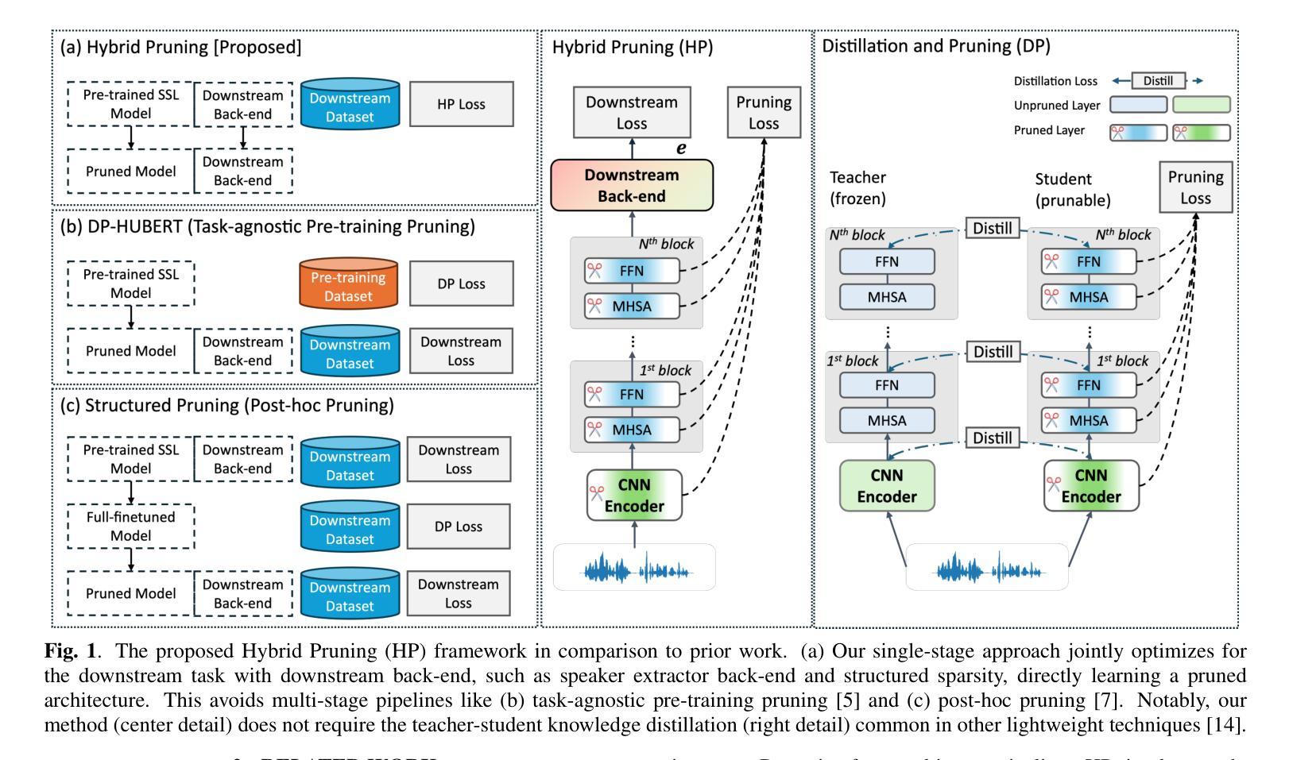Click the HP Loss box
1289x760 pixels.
(x=461, y=104)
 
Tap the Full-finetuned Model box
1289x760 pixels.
(x=131, y=527)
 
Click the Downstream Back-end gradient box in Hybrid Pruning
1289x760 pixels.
(x=632, y=186)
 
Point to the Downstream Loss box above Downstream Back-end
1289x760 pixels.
(x=632, y=113)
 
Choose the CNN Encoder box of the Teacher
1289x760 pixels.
(x=887, y=486)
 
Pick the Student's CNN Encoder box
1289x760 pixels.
(x=1090, y=486)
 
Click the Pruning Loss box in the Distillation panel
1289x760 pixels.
(x=1195, y=187)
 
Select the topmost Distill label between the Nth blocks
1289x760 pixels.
(x=993, y=229)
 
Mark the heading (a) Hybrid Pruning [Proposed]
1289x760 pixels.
(x=181, y=47)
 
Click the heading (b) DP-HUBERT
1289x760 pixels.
(x=267, y=226)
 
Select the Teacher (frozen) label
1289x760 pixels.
(x=858, y=188)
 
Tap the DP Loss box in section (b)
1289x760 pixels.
(x=461, y=284)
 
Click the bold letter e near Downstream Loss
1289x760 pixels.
(x=681, y=148)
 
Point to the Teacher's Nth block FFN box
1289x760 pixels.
(x=887, y=262)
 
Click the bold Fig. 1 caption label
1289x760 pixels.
(x=73, y=652)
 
